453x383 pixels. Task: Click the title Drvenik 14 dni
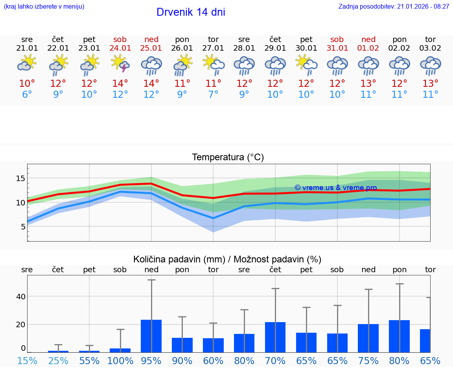(x=191, y=12)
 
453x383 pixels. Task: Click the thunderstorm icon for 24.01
(x=120, y=64)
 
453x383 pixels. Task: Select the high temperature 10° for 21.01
(x=27, y=84)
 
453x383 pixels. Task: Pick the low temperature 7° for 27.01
(x=213, y=95)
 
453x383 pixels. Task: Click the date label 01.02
(x=368, y=48)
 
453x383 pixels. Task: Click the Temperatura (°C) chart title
(x=228, y=157)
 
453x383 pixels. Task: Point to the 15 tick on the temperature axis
(x=20, y=178)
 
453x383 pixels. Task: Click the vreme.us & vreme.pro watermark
(x=335, y=188)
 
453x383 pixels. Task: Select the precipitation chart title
(x=227, y=259)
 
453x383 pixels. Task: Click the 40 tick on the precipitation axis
(x=21, y=296)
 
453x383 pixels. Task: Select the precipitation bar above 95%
(x=151, y=336)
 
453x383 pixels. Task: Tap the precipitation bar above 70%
(x=275, y=337)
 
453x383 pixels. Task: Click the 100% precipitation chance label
(x=120, y=361)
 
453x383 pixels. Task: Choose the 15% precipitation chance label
(x=27, y=361)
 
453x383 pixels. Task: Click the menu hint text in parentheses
(x=44, y=7)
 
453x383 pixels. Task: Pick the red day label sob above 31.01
(x=337, y=39)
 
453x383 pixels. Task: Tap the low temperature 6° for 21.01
(x=27, y=95)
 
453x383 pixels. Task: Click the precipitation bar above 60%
(x=213, y=345)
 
